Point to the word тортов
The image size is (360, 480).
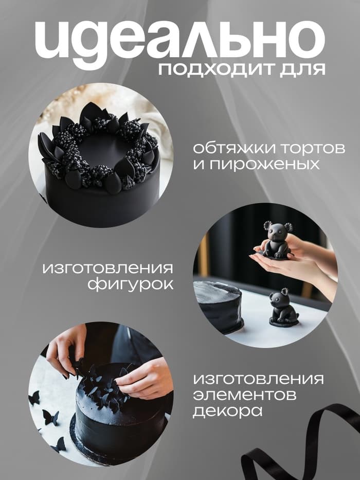(x=313, y=149)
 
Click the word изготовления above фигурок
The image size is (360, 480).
(x=108, y=268)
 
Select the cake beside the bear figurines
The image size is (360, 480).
(x=219, y=306)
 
